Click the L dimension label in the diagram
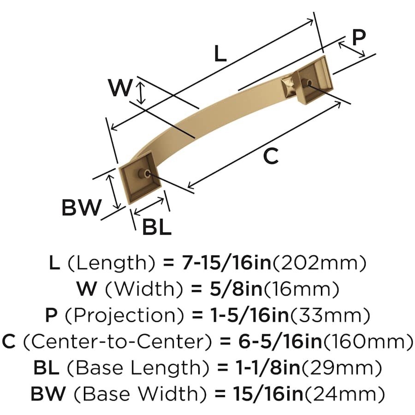(x=220, y=54)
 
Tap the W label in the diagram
(x=119, y=88)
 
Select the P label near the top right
(x=359, y=38)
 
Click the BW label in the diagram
(x=81, y=207)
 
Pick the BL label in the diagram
(x=156, y=226)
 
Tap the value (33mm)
(x=329, y=316)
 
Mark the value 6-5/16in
(x=266, y=342)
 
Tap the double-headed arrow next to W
(x=142, y=92)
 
